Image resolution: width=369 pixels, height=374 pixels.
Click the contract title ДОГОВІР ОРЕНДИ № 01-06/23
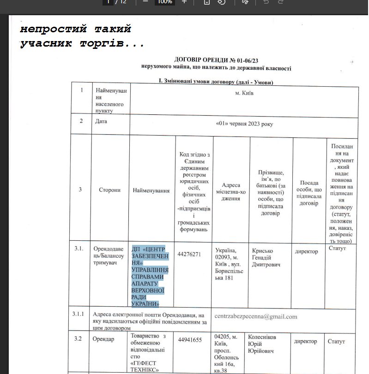coord(217,60)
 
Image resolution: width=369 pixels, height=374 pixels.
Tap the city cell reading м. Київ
coord(244,93)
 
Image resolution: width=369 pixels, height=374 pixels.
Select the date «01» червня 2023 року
coord(244,125)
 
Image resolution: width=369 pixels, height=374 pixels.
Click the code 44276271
coord(189,254)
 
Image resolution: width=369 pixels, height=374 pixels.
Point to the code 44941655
coord(189,340)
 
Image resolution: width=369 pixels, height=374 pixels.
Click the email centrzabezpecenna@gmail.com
coord(256,316)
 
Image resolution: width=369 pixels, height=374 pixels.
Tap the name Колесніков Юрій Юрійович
coord(268,344)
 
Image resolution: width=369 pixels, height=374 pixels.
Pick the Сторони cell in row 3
coord(109,190)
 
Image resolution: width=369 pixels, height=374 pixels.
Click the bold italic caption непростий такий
coord(76,29)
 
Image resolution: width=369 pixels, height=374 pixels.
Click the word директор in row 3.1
coord(306,251)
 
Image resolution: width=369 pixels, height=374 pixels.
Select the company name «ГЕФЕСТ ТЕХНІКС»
coord(145,366)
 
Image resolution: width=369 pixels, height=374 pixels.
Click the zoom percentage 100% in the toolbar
coord(164,2)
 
